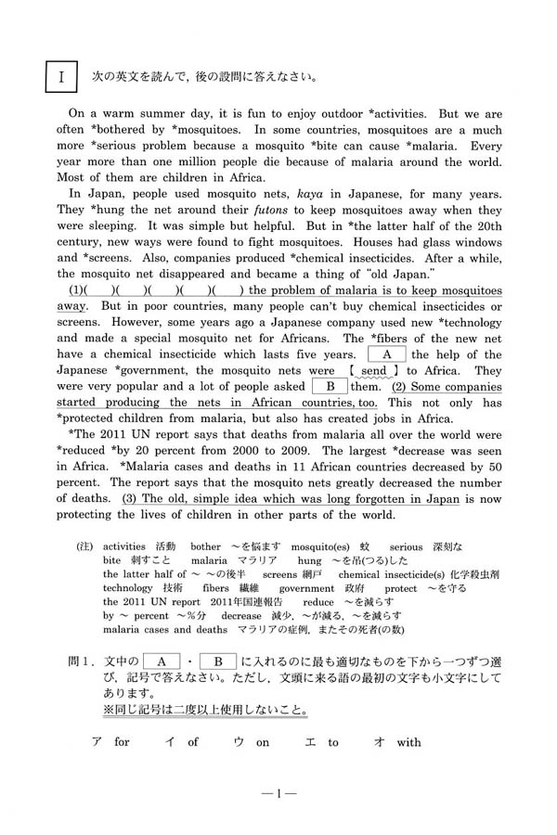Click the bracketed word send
(373, 371)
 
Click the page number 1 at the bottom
(278, 793)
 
